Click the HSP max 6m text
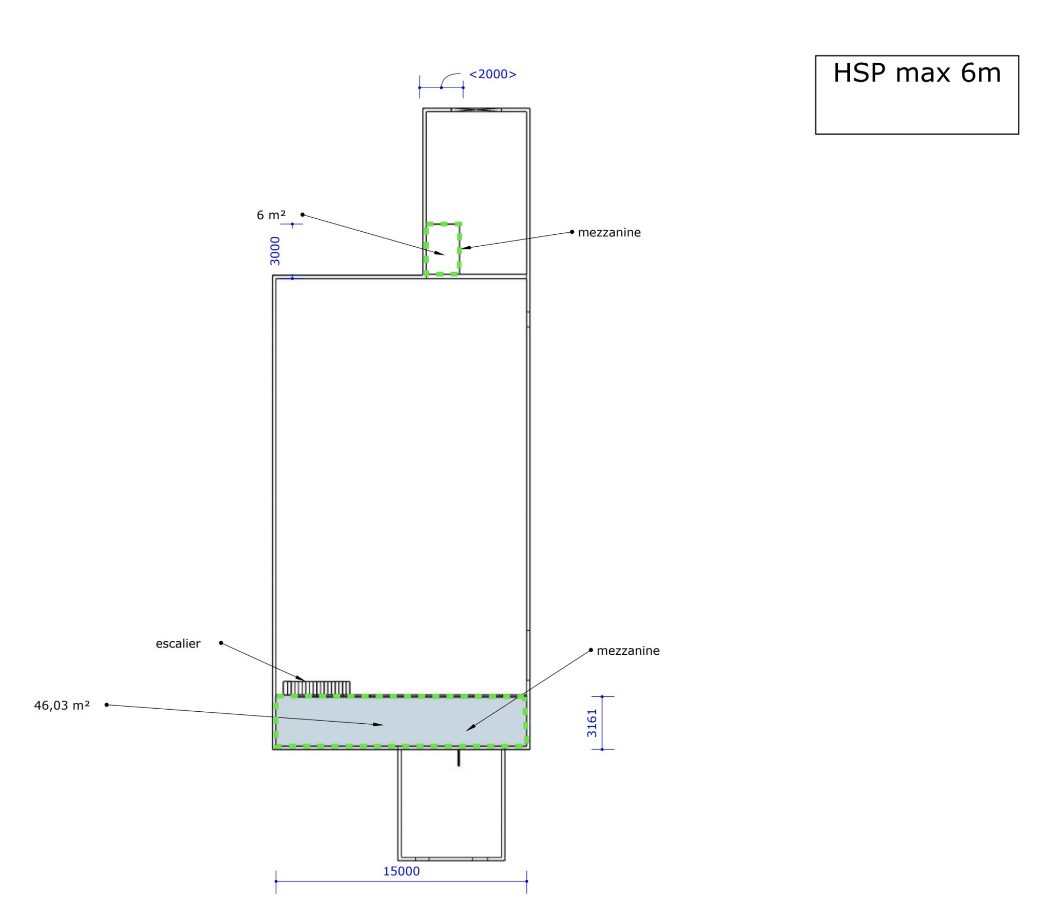(917, 73)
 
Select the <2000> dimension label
(493, 74)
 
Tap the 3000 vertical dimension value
(275, 251)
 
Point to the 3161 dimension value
(592, 723)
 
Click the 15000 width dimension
(401, 871)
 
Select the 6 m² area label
(271, 215)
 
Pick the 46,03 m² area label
(62, 705)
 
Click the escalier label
(178, 643)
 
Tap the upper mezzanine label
(609, 232)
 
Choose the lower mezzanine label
(628, 651)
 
